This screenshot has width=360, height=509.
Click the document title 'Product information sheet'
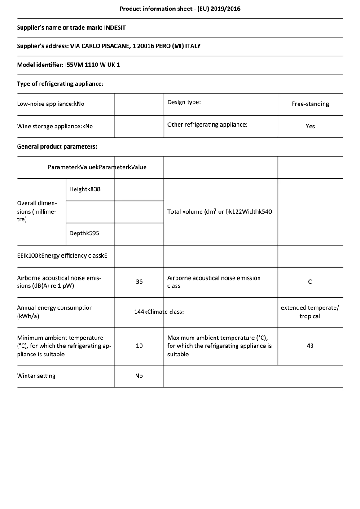pos(180,9)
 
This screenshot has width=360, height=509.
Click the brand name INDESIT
pos(115,27)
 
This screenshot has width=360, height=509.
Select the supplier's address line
pos(109,46)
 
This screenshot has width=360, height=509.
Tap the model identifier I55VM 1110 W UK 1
pos(92,65)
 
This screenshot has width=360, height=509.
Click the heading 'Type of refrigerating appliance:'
pos(60,83)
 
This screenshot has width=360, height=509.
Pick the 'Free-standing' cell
pos(310,104)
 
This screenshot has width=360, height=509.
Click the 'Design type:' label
pos(184,102)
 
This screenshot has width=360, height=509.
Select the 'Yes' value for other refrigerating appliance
pos(310,127)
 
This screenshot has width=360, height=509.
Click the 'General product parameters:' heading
pos(57,146)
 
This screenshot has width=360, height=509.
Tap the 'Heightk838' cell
pos(85,189)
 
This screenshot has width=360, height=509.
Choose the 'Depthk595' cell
pos(84,233)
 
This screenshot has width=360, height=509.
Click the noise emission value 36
pos(139,282)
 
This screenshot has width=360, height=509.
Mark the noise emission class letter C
pos(310,282)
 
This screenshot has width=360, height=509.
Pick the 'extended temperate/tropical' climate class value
pos(310,312)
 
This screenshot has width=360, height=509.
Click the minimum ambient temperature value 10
pos(139,346)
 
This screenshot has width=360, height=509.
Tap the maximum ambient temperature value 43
pos(310,346)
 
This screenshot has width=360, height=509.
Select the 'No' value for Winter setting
pos(139,376)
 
